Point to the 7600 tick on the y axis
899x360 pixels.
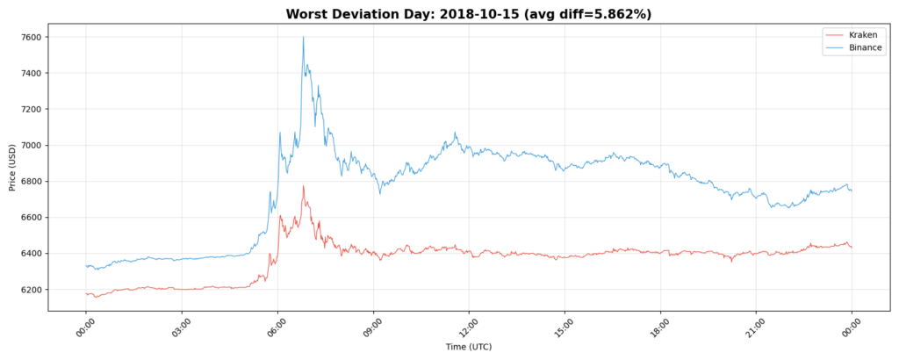(x=33, y=37)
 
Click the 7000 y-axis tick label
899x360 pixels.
(x=33, y=145)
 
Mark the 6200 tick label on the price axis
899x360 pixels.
(x=33, y=290)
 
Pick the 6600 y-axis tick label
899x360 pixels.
(x=33, y=218)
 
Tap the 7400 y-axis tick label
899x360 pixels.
(x=33, y=73)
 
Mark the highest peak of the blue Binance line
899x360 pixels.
(x=304, y=37)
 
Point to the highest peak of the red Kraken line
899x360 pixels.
(x=304, y=186)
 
